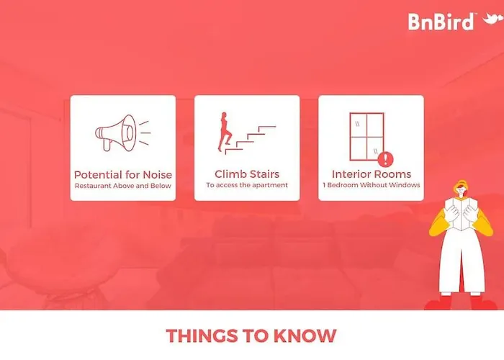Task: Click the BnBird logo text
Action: [441, 22]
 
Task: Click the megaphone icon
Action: [123, 132]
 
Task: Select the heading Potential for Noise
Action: [123, 175]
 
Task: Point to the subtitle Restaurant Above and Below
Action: [123, 186]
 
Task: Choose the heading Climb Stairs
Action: [247, 174]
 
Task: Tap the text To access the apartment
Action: [247, 185]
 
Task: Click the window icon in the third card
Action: [366, 136]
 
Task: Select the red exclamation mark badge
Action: [385, 159]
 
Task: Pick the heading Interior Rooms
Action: [372, 174]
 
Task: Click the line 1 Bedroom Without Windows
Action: [372, 185]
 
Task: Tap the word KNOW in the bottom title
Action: [305, 336]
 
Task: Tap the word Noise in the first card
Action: [158, 175]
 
